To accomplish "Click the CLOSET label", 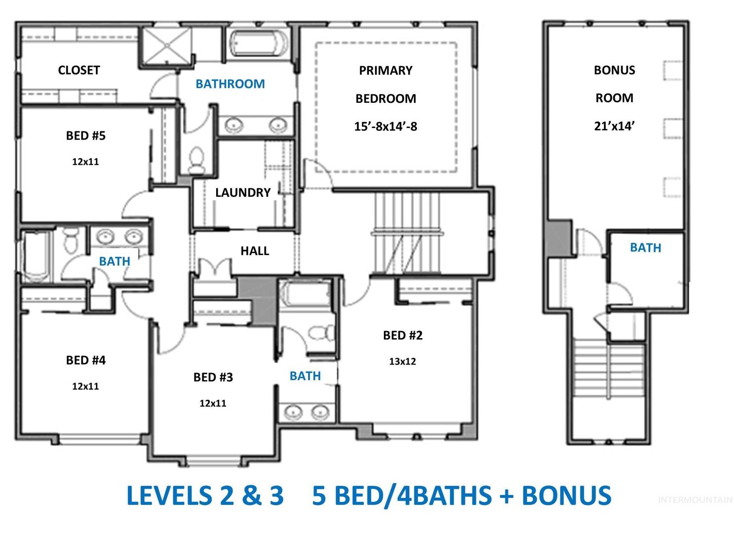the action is [79, 70].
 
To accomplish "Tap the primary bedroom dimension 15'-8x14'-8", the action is [386, 127].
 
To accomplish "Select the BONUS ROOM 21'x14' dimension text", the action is [614, 126].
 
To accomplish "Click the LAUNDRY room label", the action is [243, 193].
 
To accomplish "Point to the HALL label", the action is [255, 251].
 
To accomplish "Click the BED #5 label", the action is [86, 135].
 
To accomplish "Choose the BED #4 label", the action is [86, 360].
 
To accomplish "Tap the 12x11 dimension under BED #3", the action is [213, 403].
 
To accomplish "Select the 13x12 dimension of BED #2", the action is [403, 361].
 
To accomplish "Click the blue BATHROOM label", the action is [230, 84].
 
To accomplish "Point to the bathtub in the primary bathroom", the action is [258, 43].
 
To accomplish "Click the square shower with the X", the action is [167, 45].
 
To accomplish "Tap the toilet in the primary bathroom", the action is [197, 160].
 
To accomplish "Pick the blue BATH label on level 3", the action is [645, 248].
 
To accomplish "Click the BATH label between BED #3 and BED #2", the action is [305, 376].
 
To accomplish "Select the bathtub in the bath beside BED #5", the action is [36, 257].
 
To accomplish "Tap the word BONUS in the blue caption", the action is [566, 495].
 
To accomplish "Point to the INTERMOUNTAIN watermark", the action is [695, 499].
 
